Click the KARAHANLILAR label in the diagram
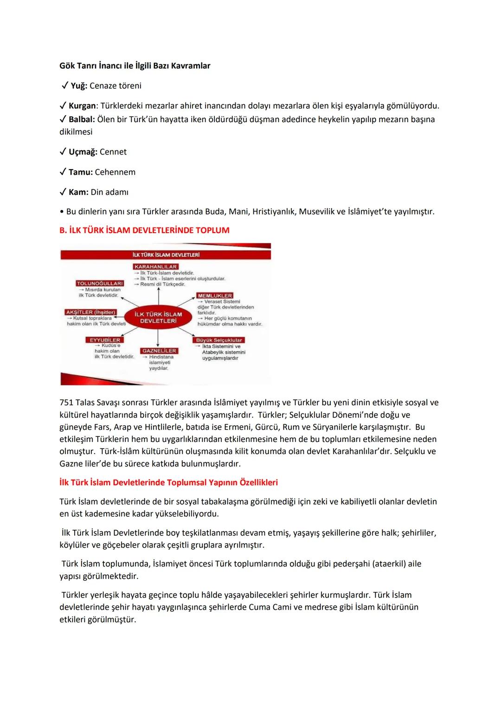coord(156,267)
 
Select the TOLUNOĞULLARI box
coord(100,283)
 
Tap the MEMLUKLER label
coord(215,295)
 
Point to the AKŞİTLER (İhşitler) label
coord(91,312)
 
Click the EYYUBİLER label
coord(104,340)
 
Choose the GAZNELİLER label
coord(159,351)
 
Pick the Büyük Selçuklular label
coord(219,340)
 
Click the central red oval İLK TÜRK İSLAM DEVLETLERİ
coord(158,318)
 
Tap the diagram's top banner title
coord(166,255)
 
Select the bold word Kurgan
coord(82,106)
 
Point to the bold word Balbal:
coord(82,119)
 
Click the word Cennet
coord(113,152)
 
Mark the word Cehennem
coord(115,172)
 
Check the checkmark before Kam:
coord(63,192)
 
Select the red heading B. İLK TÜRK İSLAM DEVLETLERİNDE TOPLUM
coord(144,230)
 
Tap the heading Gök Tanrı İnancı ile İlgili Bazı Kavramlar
coord(135,66)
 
